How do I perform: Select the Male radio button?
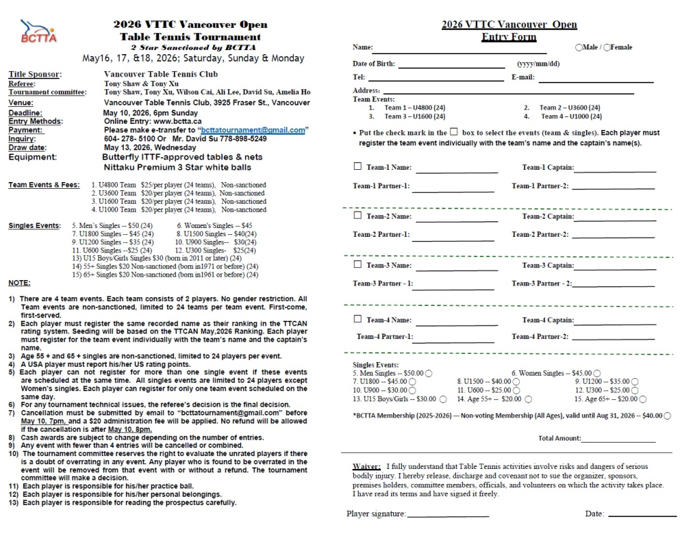(x=579, y=47)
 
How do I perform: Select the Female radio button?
(x=606, y=47)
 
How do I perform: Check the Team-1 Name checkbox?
(x=357, y=166)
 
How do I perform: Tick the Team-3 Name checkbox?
(x=357, y=265)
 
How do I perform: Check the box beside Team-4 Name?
(x=357, y=319)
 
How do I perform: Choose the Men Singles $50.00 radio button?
(x=429, y=373)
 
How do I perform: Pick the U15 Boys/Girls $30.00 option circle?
(x=443, y=399)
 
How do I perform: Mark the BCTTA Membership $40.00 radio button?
(x=668, y=416)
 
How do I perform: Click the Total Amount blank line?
(x=619, y=441)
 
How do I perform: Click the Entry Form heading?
(x=509, y=37)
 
